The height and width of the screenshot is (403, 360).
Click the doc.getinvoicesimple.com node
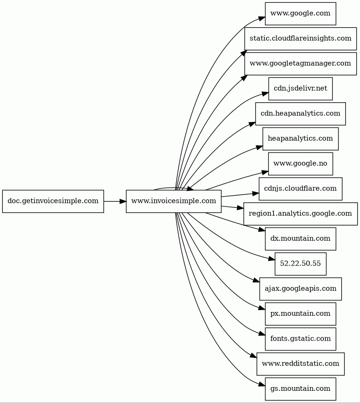click(x=53, y=201)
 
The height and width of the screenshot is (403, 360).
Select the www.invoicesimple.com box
click(x=173, y=201)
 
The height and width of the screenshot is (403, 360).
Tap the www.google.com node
click(x=300, y=13)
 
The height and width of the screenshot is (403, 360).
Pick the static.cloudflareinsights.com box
click(x=300, y=38)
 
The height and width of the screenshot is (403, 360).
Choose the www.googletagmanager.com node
click(x=300, y=63)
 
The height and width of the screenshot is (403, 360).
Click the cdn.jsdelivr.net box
click(x=300, y=89)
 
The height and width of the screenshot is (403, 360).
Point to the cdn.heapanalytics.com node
click(x=300, y=114)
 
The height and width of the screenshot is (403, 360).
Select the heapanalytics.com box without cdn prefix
click(x=300, y=138)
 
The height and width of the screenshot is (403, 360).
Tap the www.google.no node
click(x=300, y=164)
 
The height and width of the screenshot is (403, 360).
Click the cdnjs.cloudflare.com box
click(x=300, y=189)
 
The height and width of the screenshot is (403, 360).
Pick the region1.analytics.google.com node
click(x=300, y=213)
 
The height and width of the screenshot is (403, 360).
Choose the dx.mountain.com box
click(x=300, y=239)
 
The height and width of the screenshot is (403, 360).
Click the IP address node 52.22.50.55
click(x=300, y=264)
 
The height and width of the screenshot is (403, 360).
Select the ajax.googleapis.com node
click(x=300, y=289)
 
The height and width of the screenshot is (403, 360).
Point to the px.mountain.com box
click(x=300, y=314)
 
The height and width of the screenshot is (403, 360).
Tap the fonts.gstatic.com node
click(x=300, y=339)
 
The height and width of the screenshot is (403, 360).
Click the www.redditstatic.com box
click(x=300, y=364)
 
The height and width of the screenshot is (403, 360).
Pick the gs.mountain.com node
click(x=300, y=389)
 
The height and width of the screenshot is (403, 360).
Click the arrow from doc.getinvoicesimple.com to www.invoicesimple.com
click(x=114, y=201)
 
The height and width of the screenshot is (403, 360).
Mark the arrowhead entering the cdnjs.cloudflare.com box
click(x=255, y=193)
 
